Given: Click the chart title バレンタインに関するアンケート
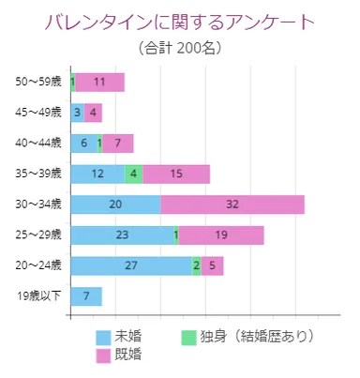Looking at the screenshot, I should (180, 22).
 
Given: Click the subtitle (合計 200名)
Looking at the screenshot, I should (180, 46).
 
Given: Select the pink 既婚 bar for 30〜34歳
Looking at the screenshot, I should (232, 204).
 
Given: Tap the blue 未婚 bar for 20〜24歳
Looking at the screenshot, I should (131, 265).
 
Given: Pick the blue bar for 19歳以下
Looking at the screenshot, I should (86, 296).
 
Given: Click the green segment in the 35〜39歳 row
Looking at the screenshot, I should (134, 174).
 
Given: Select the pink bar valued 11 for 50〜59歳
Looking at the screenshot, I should (99, 82).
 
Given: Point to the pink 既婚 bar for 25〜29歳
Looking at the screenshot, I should (221, 235).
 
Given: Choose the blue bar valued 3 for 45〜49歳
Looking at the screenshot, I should (77, 113).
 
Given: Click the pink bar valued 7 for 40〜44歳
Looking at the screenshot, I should (118, 144).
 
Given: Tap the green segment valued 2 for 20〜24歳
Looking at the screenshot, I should (197, 265).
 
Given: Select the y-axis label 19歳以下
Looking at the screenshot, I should (39, 296).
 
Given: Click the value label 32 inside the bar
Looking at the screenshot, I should (232, 204).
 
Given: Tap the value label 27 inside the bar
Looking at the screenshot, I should (131, 265).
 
